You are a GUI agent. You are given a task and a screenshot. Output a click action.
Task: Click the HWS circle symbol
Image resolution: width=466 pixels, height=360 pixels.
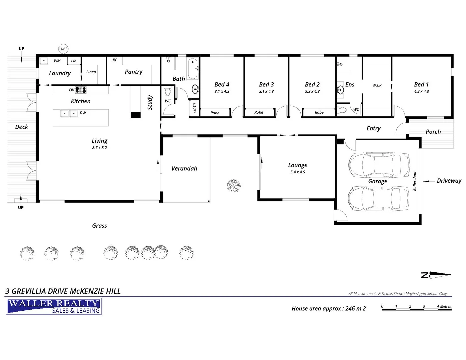coord(63,49)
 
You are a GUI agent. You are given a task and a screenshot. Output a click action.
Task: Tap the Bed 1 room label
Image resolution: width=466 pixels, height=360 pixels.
coord(421,85)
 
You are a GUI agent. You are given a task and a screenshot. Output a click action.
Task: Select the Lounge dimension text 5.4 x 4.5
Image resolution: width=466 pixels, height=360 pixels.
coord(297,172)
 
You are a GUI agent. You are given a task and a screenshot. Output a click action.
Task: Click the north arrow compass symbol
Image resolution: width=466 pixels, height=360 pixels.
coord(436,275)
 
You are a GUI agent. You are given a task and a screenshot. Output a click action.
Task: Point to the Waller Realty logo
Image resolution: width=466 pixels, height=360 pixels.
coord(54,307)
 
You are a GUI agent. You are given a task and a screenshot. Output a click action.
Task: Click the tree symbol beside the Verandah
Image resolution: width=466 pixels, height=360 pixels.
coord(233,186)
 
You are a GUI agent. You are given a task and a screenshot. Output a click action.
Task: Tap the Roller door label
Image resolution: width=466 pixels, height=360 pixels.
coord(415,181)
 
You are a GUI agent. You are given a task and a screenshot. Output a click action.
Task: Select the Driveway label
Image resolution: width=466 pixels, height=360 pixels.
coord(449,181)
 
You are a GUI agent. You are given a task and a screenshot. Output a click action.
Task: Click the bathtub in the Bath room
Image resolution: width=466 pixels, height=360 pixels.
coord(193,69)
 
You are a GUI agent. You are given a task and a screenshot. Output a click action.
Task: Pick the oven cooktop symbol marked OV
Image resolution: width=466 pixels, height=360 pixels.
coord(81,90)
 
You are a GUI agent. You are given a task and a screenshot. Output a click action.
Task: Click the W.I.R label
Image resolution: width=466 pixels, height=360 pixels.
coord(377,85)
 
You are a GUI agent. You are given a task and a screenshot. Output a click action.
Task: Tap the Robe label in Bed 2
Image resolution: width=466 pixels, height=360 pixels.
coord(319,113)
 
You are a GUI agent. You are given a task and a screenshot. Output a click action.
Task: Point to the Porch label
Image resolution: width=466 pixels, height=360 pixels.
coord(433,132)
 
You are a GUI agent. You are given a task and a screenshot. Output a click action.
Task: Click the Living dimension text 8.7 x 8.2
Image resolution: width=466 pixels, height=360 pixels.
coord(99,148)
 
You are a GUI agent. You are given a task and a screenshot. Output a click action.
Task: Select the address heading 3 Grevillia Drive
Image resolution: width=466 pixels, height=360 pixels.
coord(63,291)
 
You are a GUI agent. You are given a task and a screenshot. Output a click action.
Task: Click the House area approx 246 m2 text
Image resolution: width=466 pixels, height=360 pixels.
coord(328,309)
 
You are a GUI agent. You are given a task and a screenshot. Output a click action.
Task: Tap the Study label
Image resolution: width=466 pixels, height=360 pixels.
coord(150,102)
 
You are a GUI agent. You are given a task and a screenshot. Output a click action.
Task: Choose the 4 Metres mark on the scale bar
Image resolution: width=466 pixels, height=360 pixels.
coord(443,306)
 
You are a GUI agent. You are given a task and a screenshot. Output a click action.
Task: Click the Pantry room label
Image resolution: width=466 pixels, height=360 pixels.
coord(133,72)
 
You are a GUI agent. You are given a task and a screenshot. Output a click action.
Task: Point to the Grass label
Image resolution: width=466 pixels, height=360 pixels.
coord(99,226)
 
